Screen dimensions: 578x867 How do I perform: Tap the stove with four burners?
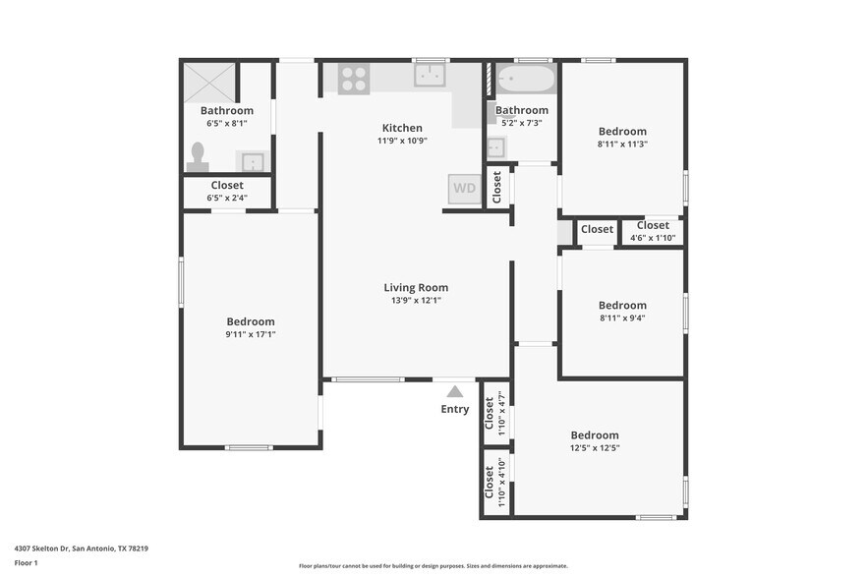coord(354,79)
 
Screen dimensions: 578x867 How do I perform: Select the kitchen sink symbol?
coord(431,76)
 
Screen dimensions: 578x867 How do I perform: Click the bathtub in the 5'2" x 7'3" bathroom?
coord(525,78)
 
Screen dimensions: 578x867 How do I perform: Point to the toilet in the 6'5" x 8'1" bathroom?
coord(198,157)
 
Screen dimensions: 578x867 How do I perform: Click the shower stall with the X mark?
coord(209,82)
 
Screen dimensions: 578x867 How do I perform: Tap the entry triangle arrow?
coord(455,391)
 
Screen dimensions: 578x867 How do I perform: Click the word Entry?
coord(455,410)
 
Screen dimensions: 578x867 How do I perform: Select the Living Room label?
coord(416,288)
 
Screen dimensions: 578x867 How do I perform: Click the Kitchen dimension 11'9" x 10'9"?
coord(402,141)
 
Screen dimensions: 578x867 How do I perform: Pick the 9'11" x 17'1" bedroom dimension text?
coord(251,334)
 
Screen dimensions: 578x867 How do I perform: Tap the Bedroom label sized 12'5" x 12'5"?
coord(595,435)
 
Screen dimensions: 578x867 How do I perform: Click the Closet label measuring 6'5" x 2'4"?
coord(227,185)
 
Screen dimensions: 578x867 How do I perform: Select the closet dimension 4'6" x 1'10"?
coord(653,238)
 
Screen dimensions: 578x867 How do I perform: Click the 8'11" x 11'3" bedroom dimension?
coord(622,144)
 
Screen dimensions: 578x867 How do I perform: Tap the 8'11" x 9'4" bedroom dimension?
coord(622,318)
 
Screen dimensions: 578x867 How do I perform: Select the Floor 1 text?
coord(26,563)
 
